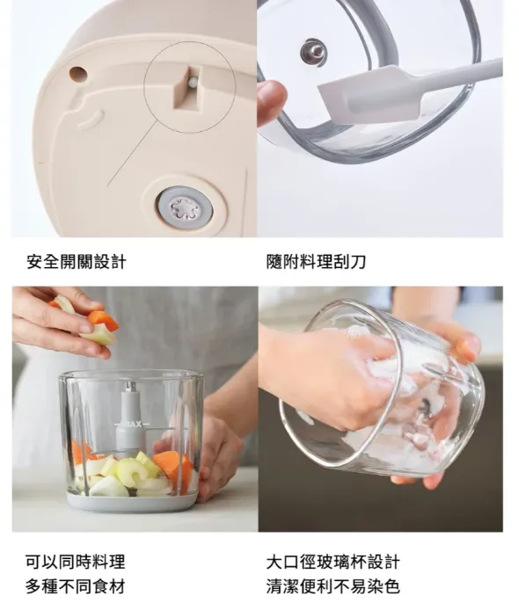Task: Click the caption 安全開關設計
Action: pos(77,262)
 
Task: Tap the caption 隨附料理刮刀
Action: pos(316,262)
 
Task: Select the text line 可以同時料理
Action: pos(76,562)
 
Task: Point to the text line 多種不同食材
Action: pos(76,587)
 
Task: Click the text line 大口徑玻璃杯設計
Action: pos(333,562)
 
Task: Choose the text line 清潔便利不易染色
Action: pos(333,587)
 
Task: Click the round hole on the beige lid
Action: pos(78,74)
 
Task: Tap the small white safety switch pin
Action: pos(194,82)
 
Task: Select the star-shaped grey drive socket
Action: pos(185,209)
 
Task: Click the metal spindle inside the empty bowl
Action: pos(314,52)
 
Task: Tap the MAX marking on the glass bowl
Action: pos(133,425)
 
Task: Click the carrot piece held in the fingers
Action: pos(103,320)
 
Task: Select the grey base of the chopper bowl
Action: pos(133,501)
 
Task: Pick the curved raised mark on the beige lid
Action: pos(91,120)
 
